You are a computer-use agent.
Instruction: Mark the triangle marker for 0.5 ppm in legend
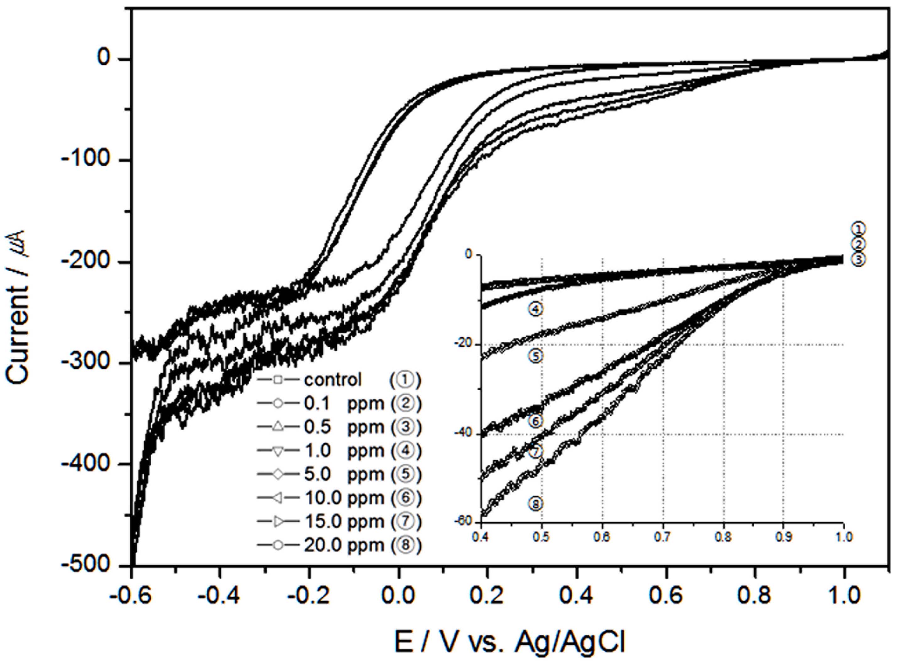pyautogui.click(x=279, y=427)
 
